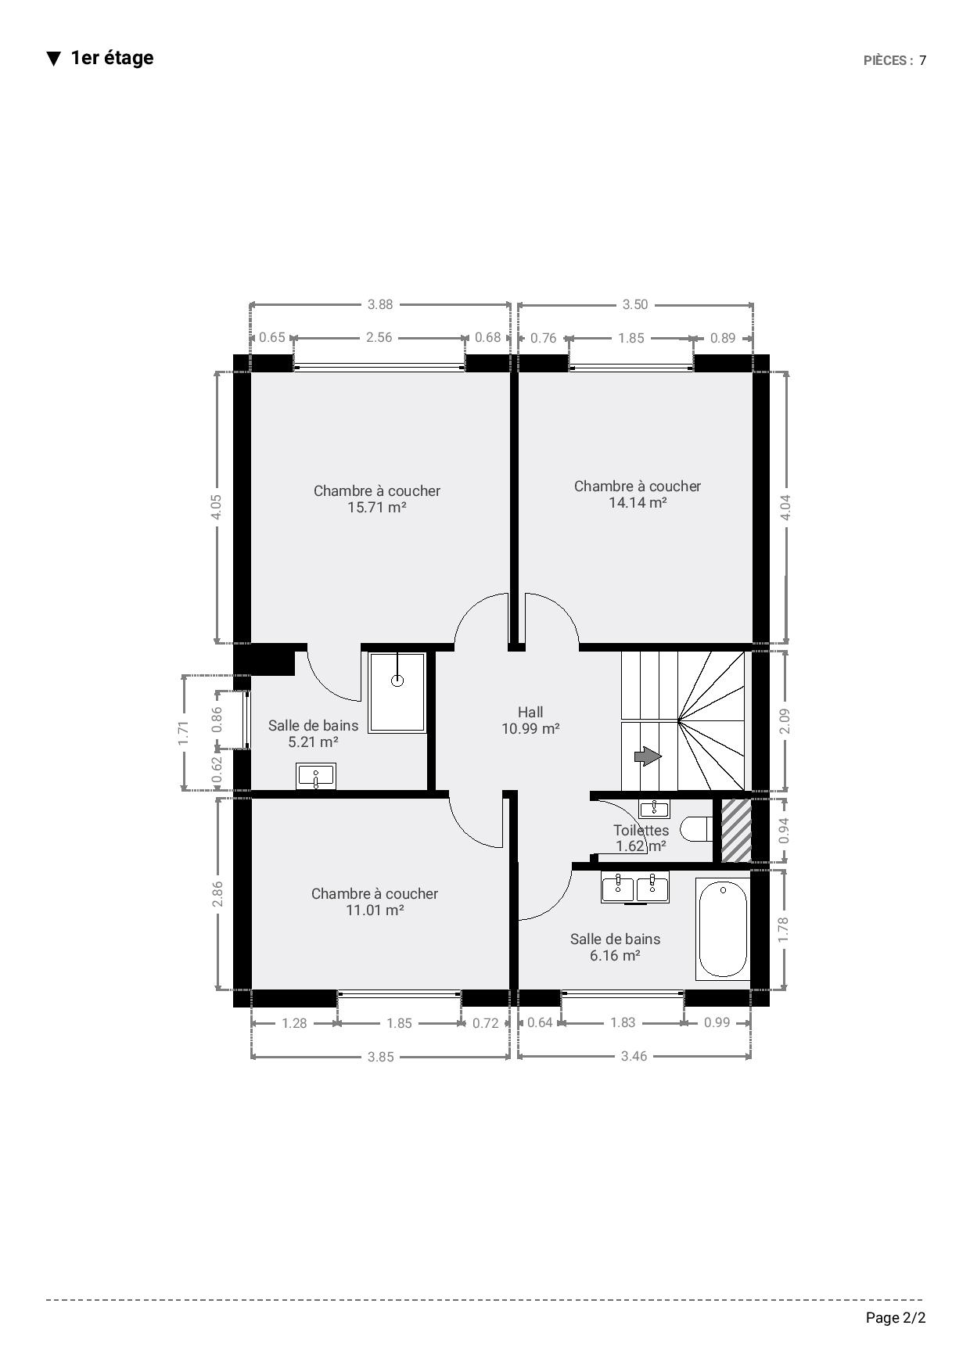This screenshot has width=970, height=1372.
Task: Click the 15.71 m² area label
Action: (377, 508)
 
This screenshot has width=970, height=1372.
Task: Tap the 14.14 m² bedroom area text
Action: (638, 503)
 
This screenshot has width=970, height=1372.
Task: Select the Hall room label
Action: (530, 712)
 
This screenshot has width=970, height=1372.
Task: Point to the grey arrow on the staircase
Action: (647, 756)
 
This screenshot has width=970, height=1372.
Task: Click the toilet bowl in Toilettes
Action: (695, 829)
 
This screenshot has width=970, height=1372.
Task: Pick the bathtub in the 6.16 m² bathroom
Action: (723, 928)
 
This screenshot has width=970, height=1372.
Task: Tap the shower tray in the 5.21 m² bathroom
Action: (397, 692)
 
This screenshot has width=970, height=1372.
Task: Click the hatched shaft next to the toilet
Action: (736, 831)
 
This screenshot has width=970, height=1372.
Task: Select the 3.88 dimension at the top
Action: (380, 304)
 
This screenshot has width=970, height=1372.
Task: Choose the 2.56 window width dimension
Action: (379, 337)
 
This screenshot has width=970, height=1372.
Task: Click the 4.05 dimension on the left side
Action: (217, 506)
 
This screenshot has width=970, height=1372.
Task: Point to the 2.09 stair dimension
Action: (785, 720)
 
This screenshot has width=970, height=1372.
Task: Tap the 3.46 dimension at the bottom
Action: (634, 1056)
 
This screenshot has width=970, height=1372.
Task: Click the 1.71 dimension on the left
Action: (184, 733)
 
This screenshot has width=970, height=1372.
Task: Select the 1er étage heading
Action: (112, 58)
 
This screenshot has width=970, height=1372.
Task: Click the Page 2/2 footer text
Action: (896, 1318)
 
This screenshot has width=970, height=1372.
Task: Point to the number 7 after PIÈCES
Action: (923, 60)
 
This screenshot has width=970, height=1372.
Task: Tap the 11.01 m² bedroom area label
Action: (375, 910)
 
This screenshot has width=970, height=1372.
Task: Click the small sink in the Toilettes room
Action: (654, 809)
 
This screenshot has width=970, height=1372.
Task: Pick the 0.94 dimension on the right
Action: (785, 830)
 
